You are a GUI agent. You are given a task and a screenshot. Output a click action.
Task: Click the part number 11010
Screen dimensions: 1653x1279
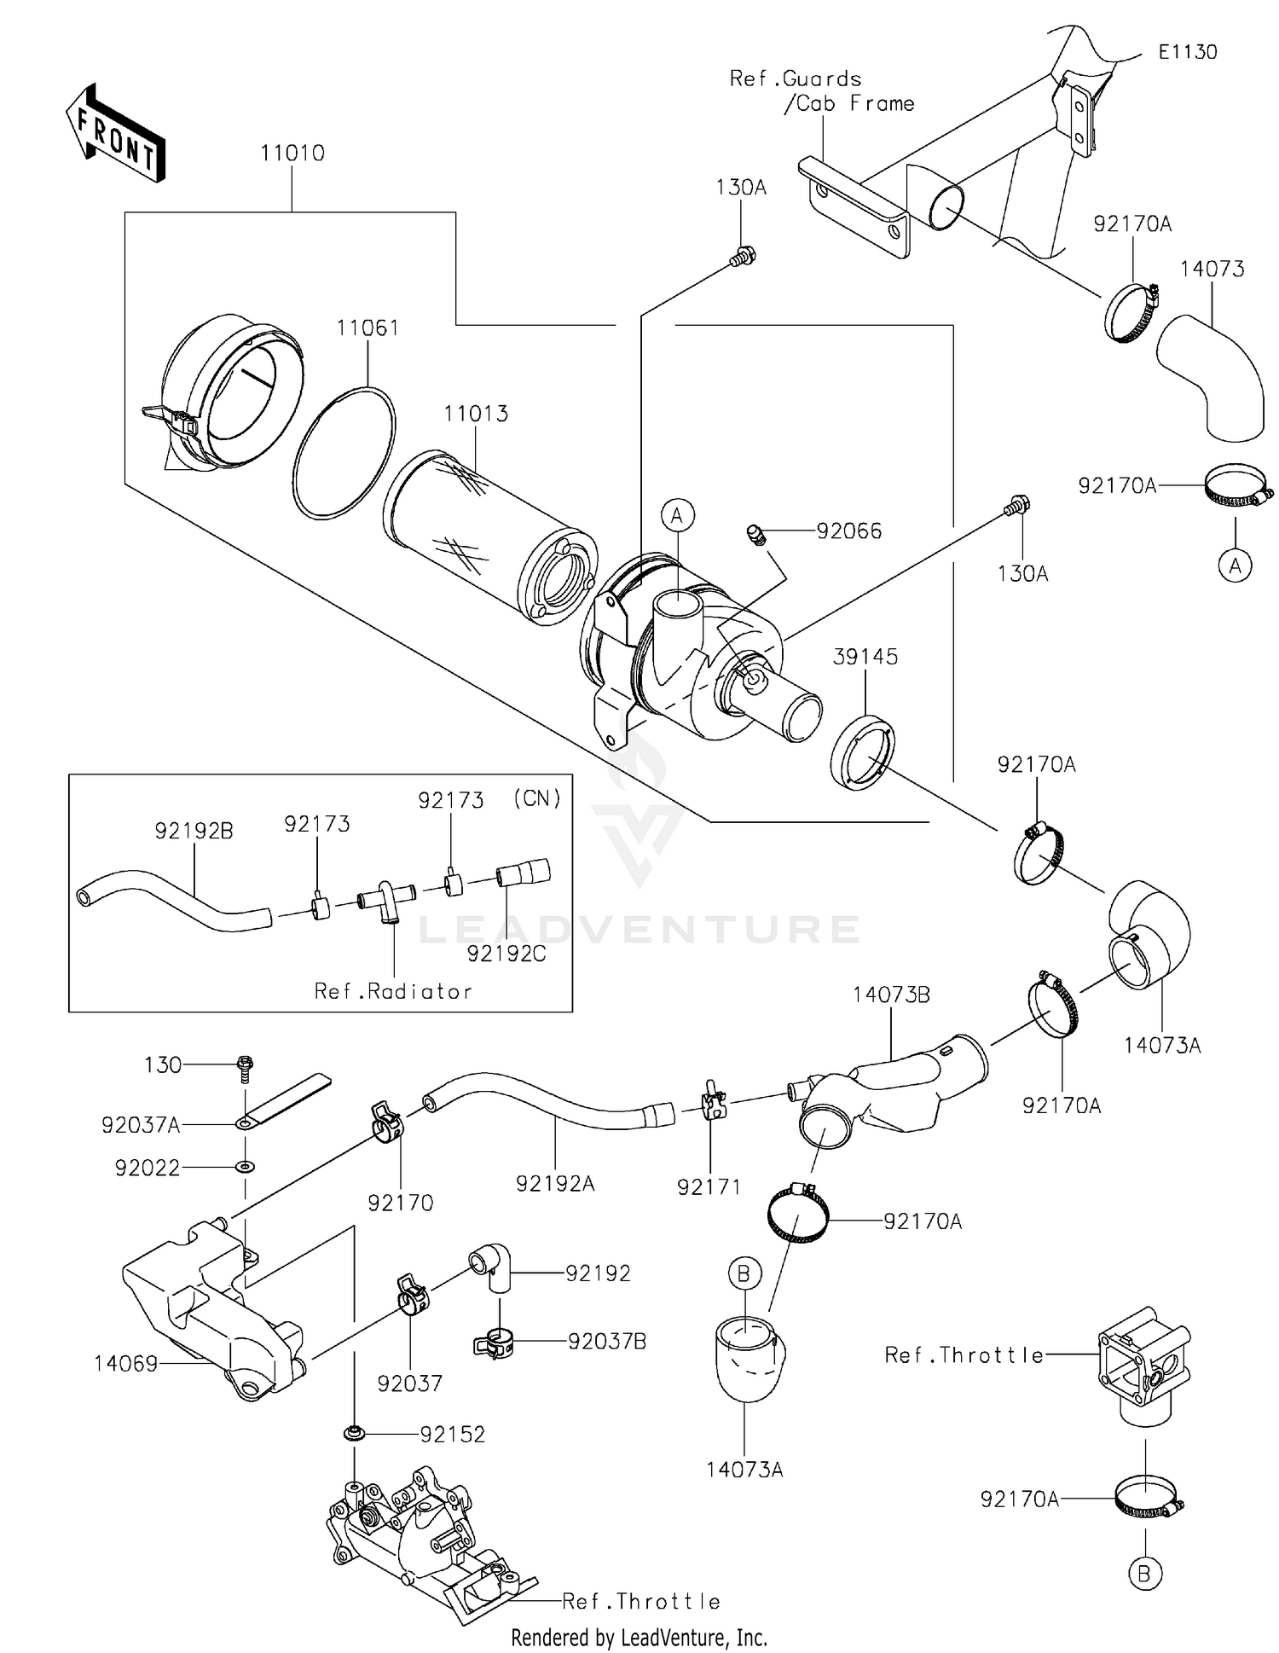pyautogui.click(x=292, y=154)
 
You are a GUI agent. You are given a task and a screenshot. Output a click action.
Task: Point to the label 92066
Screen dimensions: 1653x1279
pyautogui.click(x=848, y=531)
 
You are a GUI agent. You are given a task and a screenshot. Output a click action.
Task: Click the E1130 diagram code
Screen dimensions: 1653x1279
pyautogui.click(x=1187, y=52)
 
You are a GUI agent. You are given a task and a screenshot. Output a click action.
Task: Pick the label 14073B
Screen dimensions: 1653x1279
pyautogui.click(x=891, y=995)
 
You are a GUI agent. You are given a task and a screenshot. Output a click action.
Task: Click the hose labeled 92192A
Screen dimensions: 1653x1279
pyautogui.click(x=546, y=1100)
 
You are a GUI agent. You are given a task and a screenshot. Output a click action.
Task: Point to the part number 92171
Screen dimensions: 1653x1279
pyautogui.click(x=709, y=1186)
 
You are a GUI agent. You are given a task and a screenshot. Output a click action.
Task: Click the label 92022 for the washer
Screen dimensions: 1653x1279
pyautogui.click(x=148, y=1168)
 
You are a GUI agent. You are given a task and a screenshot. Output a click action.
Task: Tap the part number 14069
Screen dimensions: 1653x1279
pyautogui.click(x=126, y=1364)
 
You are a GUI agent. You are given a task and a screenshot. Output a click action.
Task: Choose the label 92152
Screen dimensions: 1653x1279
pyautogui.click(x=452, y=1435)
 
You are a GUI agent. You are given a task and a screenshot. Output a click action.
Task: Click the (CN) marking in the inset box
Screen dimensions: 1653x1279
pyautogui.click(x=537, y=798)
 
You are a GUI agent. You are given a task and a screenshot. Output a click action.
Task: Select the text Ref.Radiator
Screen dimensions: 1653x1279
pyautogui.click(x=393, y=991)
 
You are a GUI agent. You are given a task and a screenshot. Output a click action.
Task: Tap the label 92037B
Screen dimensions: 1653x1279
pyautogui.click(x=607, y=1342)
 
